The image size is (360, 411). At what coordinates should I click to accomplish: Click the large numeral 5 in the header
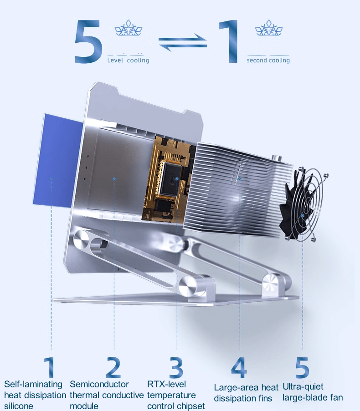pos(88,41)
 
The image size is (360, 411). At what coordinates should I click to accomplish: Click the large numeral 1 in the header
pos(228,41)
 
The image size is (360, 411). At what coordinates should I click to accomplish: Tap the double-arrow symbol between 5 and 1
pos(183,42)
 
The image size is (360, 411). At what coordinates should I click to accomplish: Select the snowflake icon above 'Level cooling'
pos(129,28)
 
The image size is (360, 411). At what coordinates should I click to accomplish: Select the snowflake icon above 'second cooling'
pos(269,28)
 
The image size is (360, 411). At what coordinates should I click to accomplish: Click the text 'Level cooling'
pos(129,60)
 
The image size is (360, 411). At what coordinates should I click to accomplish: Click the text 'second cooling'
pos(268,60)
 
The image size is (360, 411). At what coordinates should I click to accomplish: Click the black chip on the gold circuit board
pos(171,179)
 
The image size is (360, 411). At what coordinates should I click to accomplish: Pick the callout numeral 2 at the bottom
pos(113,367)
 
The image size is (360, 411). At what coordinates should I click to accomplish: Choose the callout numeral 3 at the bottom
pos(176,367)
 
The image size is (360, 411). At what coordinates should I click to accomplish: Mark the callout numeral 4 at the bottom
pos(239,367)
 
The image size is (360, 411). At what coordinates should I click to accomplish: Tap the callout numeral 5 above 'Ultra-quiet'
pos(302,367)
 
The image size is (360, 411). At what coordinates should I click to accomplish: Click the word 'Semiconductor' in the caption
pos(99,384)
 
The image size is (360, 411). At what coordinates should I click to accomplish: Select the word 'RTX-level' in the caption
pos(166,384)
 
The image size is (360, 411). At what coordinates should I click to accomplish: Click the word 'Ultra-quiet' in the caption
pos(303,387)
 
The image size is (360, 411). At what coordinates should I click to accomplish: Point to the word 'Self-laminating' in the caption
pos(33,385)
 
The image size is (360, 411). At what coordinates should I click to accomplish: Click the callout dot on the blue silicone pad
pos(51,178)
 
